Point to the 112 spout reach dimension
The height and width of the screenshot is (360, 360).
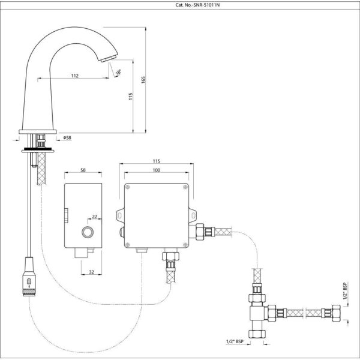(x=75, y=76)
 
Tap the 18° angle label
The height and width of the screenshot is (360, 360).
(x=118, y=73)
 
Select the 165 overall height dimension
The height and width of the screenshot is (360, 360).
(x=143, y=80)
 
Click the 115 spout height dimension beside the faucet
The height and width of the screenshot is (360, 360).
(x=131, y=96)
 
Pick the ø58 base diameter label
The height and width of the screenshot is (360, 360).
(x=67, y=138)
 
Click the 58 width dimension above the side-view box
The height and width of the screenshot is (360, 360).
(x=83, y=170)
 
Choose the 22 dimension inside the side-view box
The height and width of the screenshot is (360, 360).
(x=95, y=217)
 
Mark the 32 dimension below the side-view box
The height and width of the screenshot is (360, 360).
(x=91, y=272)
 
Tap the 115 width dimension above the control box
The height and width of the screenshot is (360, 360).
(x=157, y=161)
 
